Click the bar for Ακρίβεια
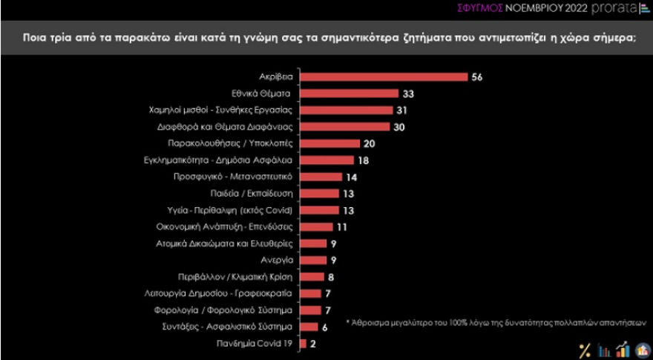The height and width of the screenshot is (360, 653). pyautogui.click(x=384, y=77)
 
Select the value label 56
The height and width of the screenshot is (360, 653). pyautogui.click(x=477, y=77)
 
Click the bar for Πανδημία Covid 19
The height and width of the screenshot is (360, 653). pyautogui.click(x=303, y=343)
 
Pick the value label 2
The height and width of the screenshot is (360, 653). pyautogui.click(x=314, y=343)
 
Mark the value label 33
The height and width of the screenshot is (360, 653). pyautogui.click(x=408, y=94)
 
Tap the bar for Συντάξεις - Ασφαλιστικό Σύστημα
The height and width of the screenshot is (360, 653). pyautogui.click(x=310, y=327)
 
